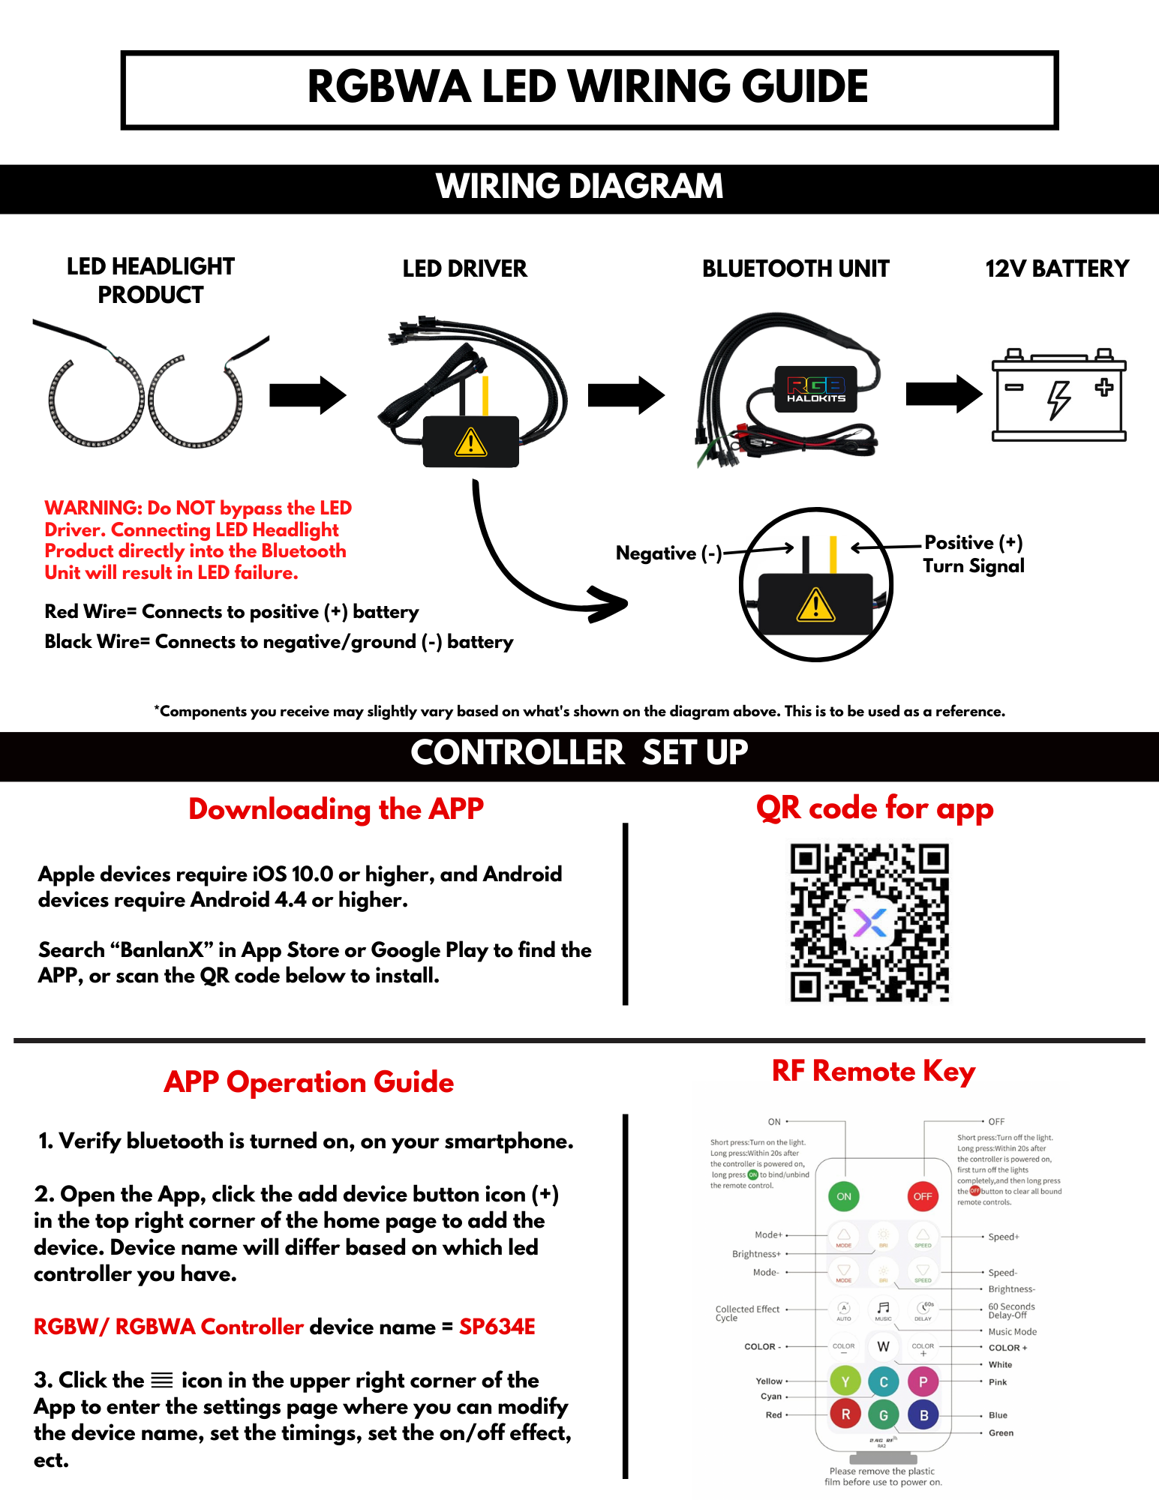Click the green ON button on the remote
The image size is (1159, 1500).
(x=844, y=1196)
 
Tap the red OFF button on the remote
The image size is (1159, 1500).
(x=923, y=1196)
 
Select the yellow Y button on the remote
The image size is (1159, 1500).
(x=845, y=1381)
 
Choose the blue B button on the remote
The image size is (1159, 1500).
(x=923, y=1415)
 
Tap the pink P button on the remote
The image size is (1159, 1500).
(x=923, y=1381)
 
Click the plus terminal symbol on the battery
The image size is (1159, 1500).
(x=1103, y=387)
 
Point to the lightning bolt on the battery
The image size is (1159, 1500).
(x=1058, y=399)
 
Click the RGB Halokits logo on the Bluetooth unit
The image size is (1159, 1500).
(x=816, y=389)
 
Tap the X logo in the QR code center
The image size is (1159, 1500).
(x=870, y=922)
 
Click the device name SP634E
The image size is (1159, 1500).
(x=497, y=1327)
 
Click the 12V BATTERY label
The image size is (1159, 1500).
(x=1057, y=268)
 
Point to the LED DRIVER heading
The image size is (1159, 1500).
(x=464, y=268)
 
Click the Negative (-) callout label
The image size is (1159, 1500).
(x=668, y=553)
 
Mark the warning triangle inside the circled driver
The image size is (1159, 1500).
(x=816, y=605)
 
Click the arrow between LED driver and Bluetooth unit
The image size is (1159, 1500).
(x=626, y=394)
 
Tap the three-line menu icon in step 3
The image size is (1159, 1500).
(x=162, y=1380)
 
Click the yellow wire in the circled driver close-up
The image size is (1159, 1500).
(x=833, y=554)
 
